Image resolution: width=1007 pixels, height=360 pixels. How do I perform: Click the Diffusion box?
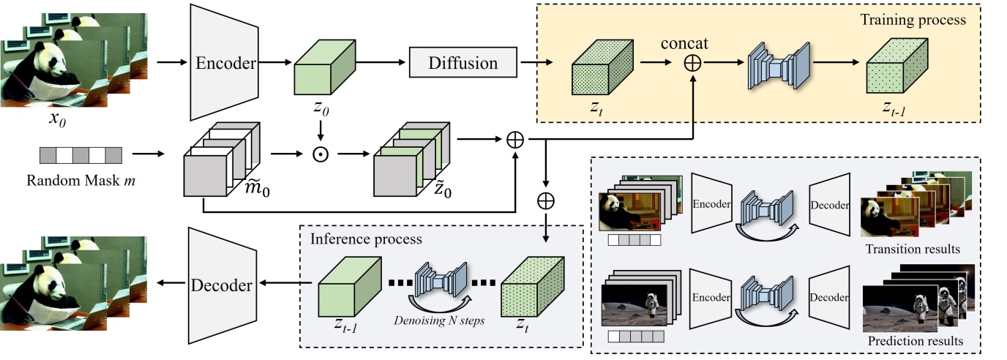tap(463, 63)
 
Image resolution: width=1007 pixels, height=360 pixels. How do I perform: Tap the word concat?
tap(691, 40)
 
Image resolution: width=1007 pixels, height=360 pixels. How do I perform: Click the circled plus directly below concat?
tap(692, 64)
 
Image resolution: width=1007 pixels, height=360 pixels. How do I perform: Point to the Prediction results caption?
tap(916, 341)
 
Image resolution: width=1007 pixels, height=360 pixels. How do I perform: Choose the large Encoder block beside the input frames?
tap(225, 63)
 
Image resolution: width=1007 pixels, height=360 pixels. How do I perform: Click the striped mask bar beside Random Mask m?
tap(81, 155)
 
